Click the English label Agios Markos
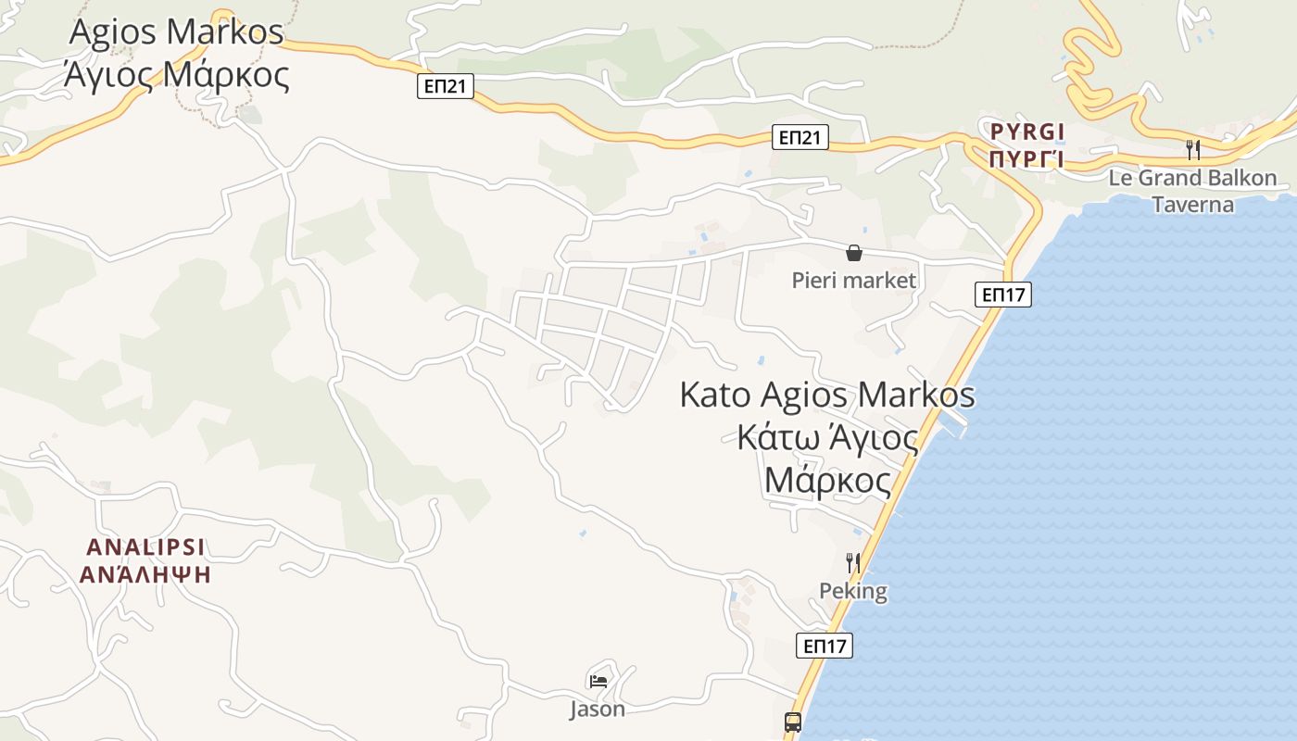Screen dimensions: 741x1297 click(176, 32)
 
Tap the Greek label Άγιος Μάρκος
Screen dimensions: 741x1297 click(176, 74)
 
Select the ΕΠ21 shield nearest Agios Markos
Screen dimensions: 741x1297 click(445, 87)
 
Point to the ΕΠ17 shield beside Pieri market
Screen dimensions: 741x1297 click(1003, 295)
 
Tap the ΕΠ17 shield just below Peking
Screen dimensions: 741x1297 click(824, 646)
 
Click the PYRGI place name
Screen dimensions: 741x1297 click(1027, 131)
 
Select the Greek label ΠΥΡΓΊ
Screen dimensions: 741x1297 click(1026, 159)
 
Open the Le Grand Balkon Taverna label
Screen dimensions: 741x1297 click(1192, 191)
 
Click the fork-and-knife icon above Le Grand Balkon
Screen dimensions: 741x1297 click(1193, 149)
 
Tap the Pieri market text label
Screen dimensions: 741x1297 click(853, 280)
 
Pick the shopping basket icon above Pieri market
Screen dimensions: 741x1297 click(854, 253)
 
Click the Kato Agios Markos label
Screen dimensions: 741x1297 click(827, 395)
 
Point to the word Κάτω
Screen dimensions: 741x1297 click(774, 437)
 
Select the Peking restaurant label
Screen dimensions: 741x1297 click(853, 591)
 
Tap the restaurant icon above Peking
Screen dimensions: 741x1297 click(853, 562)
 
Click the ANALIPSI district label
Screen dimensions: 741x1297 click(145, 546)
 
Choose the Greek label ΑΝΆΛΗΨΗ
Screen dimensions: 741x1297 click(145, 574)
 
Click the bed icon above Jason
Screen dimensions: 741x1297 click(598, 682)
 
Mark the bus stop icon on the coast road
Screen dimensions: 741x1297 click(793, 722)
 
